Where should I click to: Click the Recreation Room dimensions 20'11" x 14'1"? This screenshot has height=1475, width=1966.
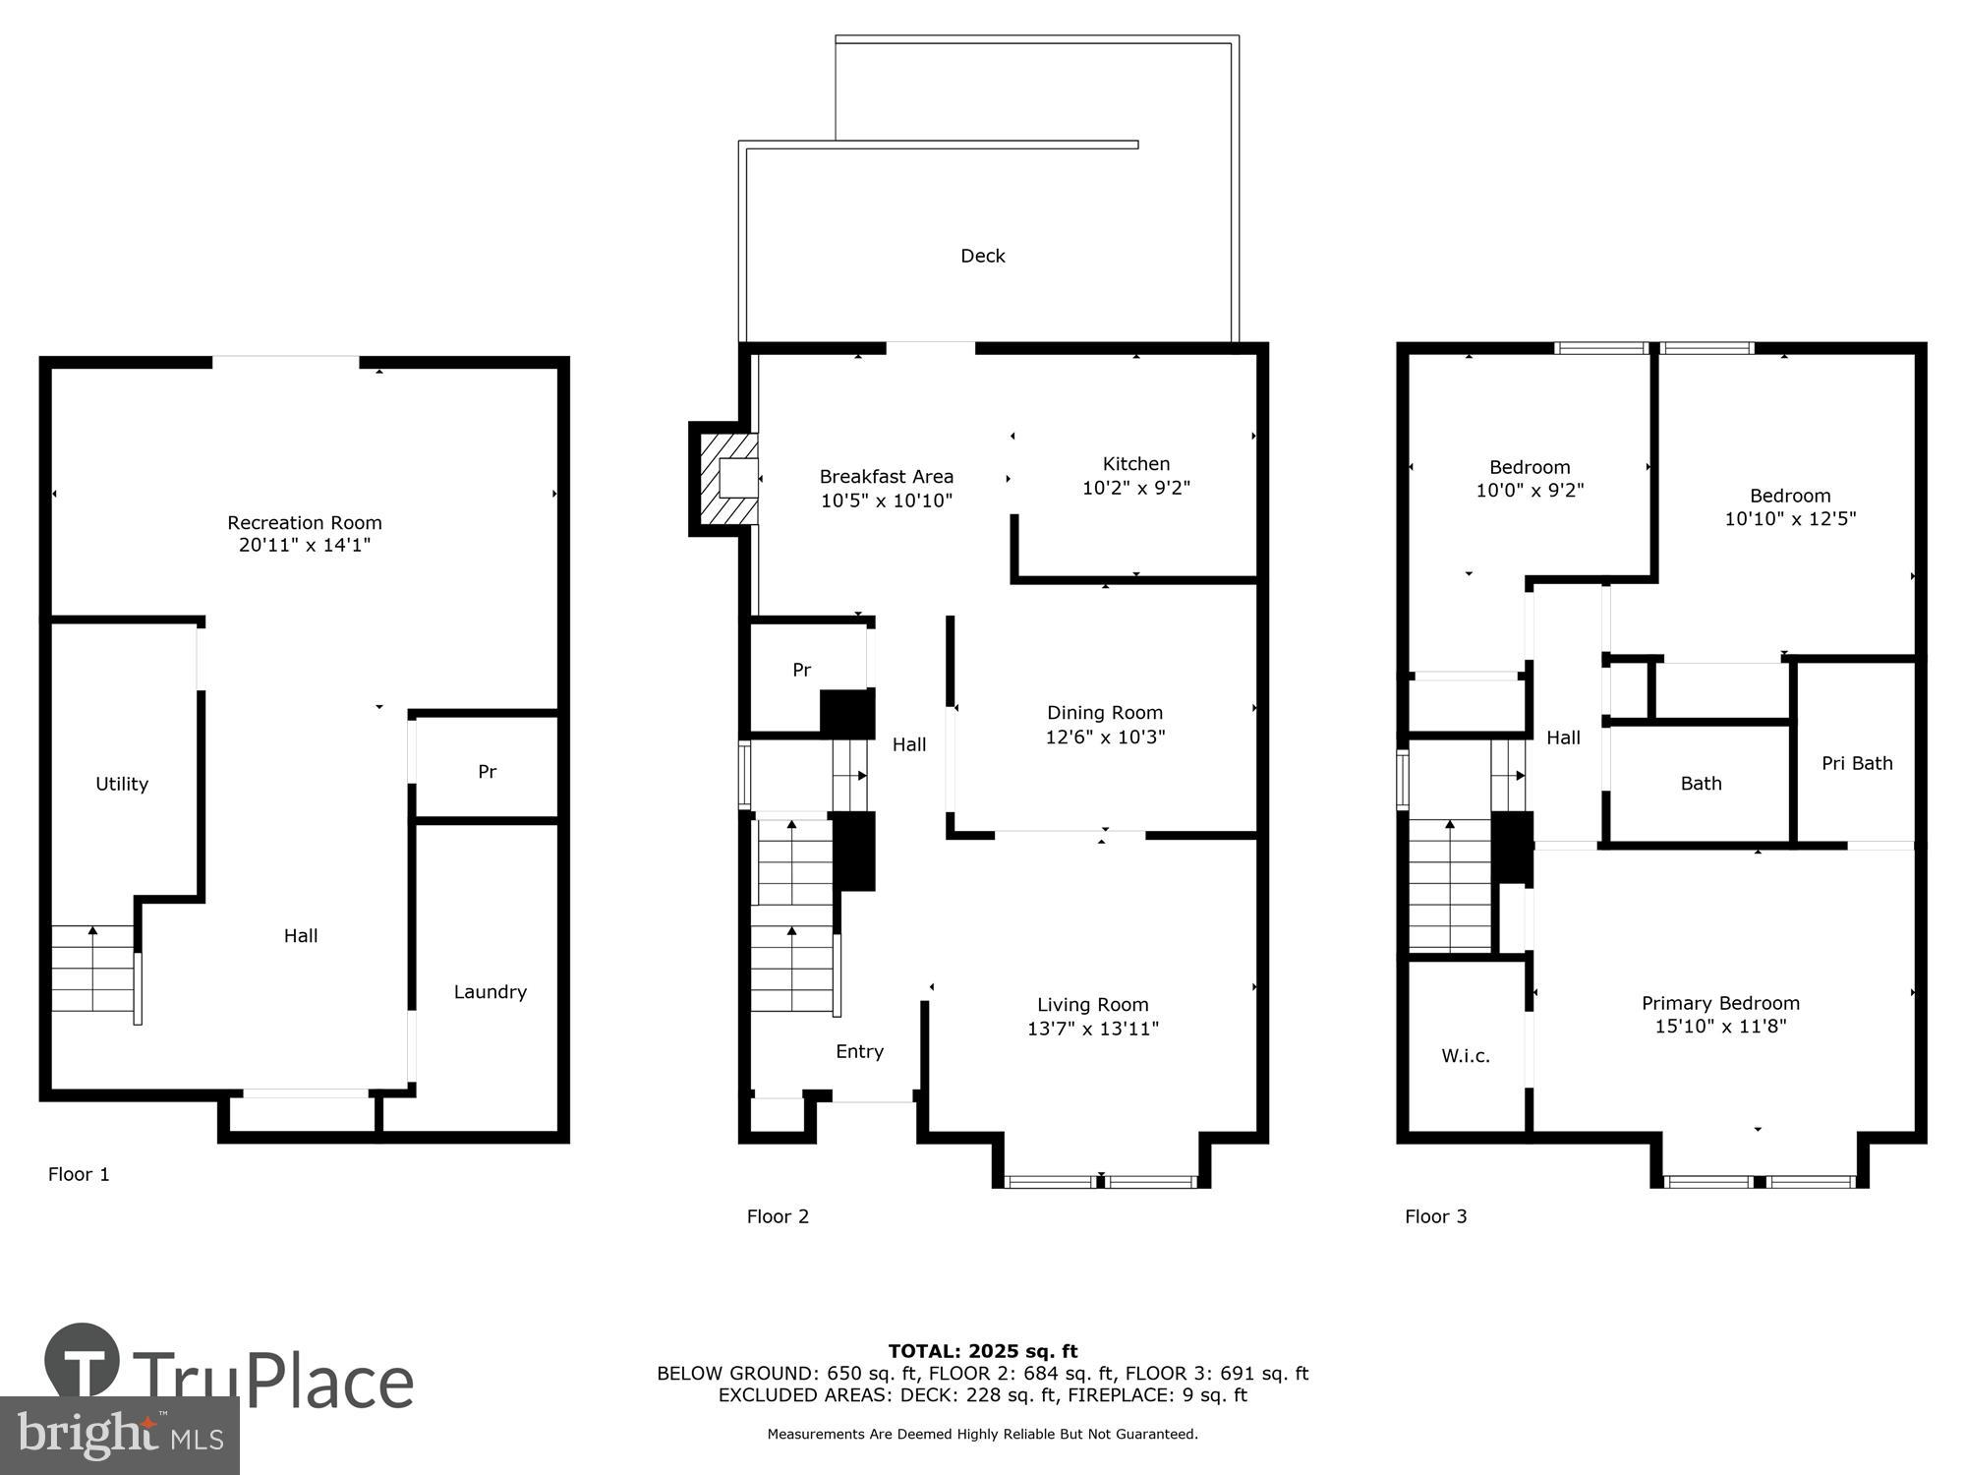305,545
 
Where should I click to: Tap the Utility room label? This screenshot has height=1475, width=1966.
122,784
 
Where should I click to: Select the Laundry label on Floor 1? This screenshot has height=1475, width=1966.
490,991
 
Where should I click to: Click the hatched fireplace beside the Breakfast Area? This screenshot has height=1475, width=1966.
725,480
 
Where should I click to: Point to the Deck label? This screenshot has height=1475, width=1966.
982,256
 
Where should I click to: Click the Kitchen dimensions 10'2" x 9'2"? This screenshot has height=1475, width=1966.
1135,488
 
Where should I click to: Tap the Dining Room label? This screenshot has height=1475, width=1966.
1104,712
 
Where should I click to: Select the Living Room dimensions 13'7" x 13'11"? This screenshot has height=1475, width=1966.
1092,1029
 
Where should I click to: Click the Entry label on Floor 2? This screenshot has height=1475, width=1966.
859,1051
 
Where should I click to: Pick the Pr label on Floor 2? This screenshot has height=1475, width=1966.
801,670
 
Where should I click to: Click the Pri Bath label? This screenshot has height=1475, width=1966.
1856,763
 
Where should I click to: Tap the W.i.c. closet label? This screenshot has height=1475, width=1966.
1465,1056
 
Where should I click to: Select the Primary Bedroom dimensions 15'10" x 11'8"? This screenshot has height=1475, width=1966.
1719,1027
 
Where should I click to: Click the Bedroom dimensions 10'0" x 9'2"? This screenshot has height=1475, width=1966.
1529,490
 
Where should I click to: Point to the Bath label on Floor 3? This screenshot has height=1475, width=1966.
1701,784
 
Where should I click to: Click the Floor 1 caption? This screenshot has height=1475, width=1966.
79,1174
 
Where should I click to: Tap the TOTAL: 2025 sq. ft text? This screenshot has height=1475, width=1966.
982,1351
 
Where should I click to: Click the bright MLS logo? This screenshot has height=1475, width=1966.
120,1436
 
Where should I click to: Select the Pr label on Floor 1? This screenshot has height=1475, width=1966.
487,772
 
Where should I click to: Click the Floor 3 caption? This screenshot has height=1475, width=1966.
1435,1216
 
